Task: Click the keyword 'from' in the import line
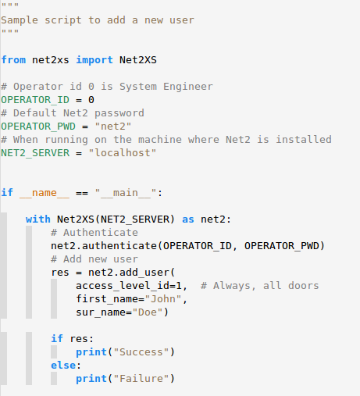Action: tap(13, 60)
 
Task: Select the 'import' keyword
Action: tap(94, 60)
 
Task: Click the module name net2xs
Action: tap(51, 60)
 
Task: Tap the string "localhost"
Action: tap(123, 153)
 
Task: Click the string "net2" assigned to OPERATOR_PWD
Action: tap(113, 127)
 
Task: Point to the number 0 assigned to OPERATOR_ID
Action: tap(91, 100)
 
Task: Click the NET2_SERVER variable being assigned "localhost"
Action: tap(35, 153)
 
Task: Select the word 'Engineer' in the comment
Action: tap(188, 87)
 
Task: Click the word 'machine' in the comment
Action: tap(160, 140)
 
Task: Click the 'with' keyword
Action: tap(38, 219)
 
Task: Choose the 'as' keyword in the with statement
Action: tap(188, 219)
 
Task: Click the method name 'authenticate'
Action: tap(119, 246)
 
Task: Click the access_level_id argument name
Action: tap(126, 286)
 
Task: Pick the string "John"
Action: tap(163, 299)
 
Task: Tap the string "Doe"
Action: tap(148, 312)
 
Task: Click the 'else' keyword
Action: tap(63, 365)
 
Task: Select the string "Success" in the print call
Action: tap(141, 352)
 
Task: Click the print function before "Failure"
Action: tap(91, 379)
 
